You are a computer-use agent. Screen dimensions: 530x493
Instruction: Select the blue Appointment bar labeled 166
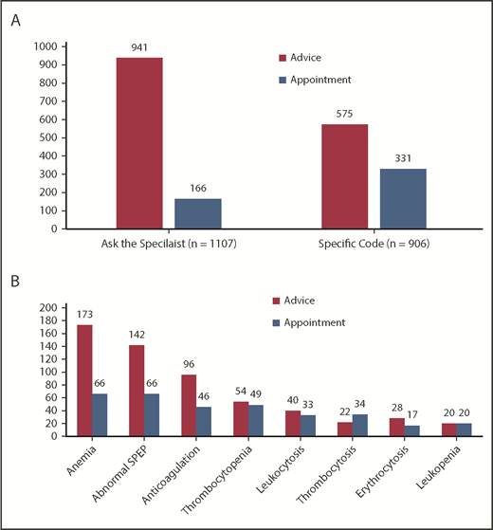[x=197, y=213]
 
